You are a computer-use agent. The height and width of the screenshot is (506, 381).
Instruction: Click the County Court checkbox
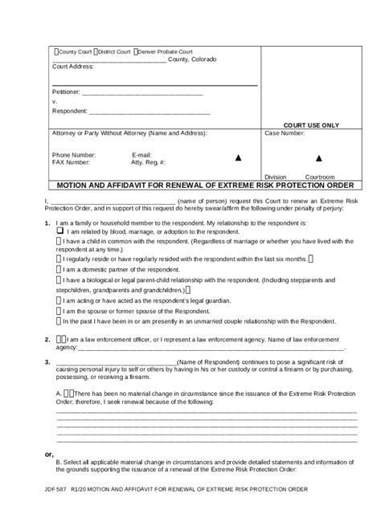(x=55, y=51)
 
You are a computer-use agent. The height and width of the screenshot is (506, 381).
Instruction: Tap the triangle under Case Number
(x=318, y=157)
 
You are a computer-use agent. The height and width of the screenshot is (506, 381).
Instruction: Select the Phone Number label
(x=73, y=154)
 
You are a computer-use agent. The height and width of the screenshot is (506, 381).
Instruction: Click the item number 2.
(x=47, y=339)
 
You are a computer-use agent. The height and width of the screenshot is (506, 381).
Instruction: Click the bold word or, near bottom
(x=50, y=454)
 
